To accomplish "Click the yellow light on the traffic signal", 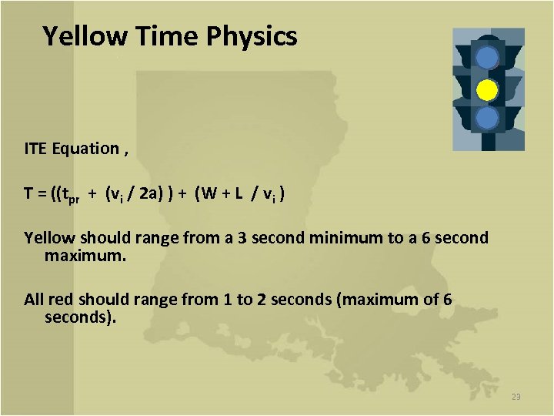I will (487, 90).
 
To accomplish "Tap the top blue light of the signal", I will (487, 58).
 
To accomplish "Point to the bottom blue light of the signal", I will (487, 118).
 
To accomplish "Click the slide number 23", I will (516, 397).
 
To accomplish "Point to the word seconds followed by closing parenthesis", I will (80, 317).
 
